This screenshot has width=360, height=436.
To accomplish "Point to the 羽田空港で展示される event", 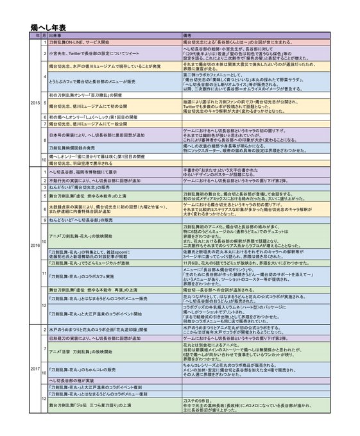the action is click(x=78, y=163).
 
